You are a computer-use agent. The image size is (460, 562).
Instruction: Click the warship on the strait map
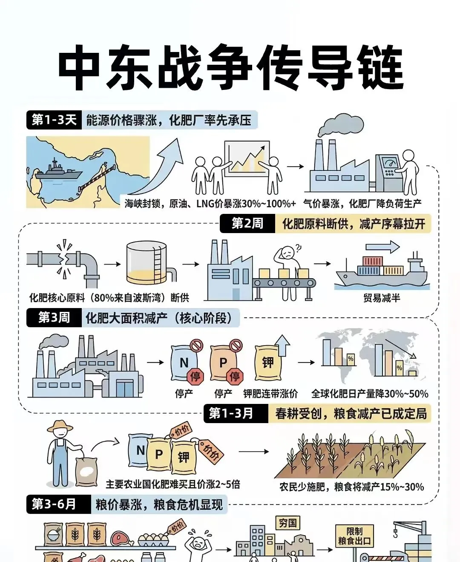pyautogui.click(x=57, y=171)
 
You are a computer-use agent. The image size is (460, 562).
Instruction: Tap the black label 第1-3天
pyautogui.click(x=54, y=120)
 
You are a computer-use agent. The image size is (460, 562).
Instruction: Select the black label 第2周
pyautogui.click(x=247, y=224)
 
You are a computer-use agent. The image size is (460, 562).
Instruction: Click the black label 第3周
pyautogui.click(x=54, y=318)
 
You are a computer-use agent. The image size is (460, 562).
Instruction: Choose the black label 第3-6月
pyautogui.click(x=54, y=504)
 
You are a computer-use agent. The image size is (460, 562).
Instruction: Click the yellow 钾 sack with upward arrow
pyautogui.click(x=268, y=362)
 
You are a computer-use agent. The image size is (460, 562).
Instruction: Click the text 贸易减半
pyautogui.click(x=382, y=298)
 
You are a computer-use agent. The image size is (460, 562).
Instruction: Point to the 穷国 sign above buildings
pyautogui.click(x=288, y=523)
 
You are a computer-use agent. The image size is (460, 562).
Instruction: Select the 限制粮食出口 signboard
pyautogui.click(x=354, y=536)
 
